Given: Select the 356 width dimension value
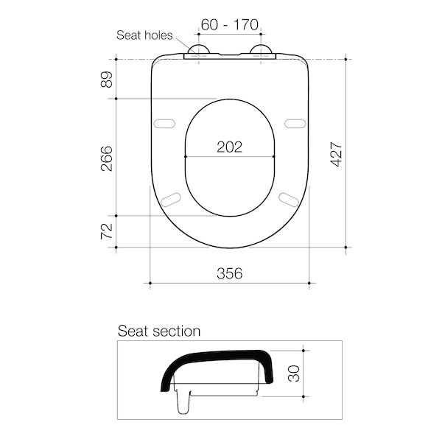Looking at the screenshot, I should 229,273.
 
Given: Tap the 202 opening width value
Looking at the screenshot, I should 229,147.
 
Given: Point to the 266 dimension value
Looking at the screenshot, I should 107,158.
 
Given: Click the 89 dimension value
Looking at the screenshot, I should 107,79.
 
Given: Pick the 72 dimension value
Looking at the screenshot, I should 107,231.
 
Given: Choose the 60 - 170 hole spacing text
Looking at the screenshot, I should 229,24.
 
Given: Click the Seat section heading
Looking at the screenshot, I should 159,331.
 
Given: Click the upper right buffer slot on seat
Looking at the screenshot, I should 295,122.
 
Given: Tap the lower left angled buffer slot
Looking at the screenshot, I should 171,197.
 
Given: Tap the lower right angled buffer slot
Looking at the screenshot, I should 288,197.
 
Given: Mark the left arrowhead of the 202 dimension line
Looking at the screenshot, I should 186,157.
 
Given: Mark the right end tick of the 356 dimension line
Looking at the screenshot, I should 309,283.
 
